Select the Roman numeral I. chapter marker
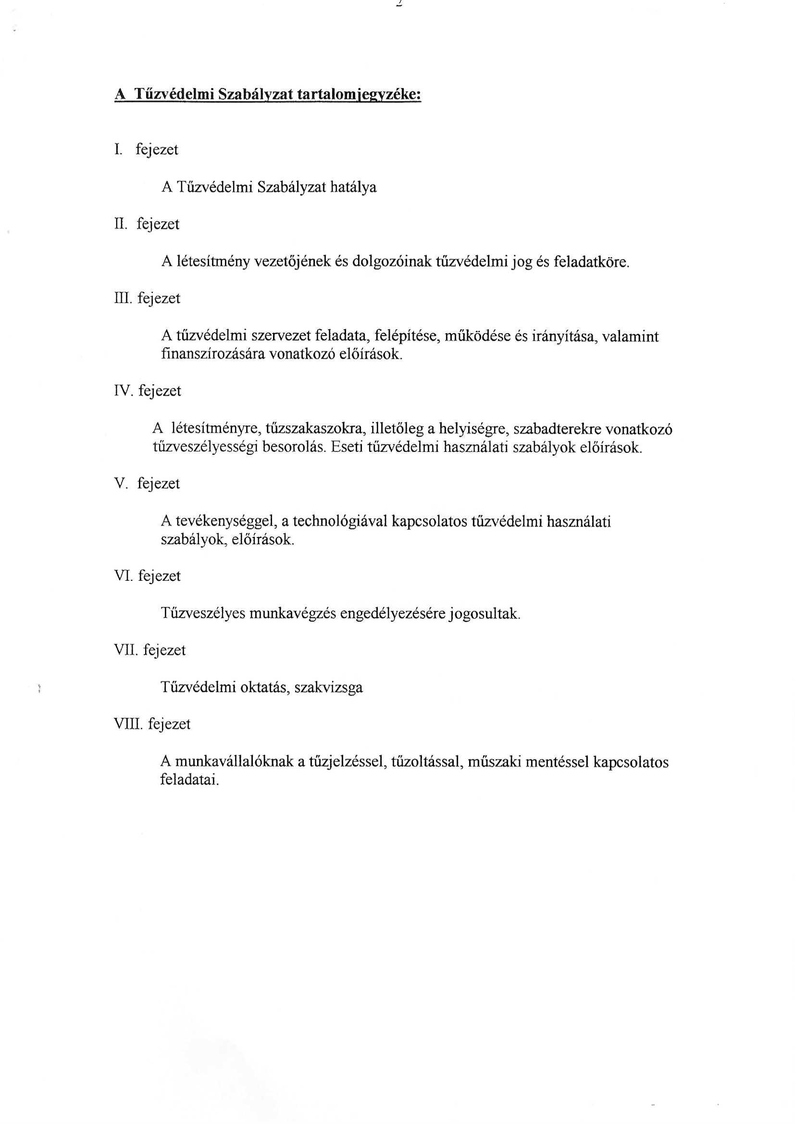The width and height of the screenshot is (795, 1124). click(118, 150)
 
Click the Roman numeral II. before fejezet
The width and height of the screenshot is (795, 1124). click(121, 224)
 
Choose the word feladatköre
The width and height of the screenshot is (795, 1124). click(591, 262)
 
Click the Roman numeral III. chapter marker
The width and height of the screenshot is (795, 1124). click(123, 298)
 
